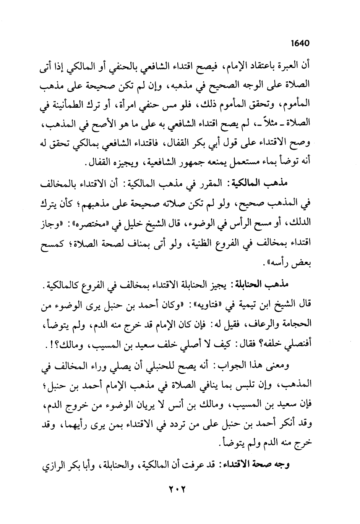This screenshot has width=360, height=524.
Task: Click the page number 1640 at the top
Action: click(299, 43)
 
